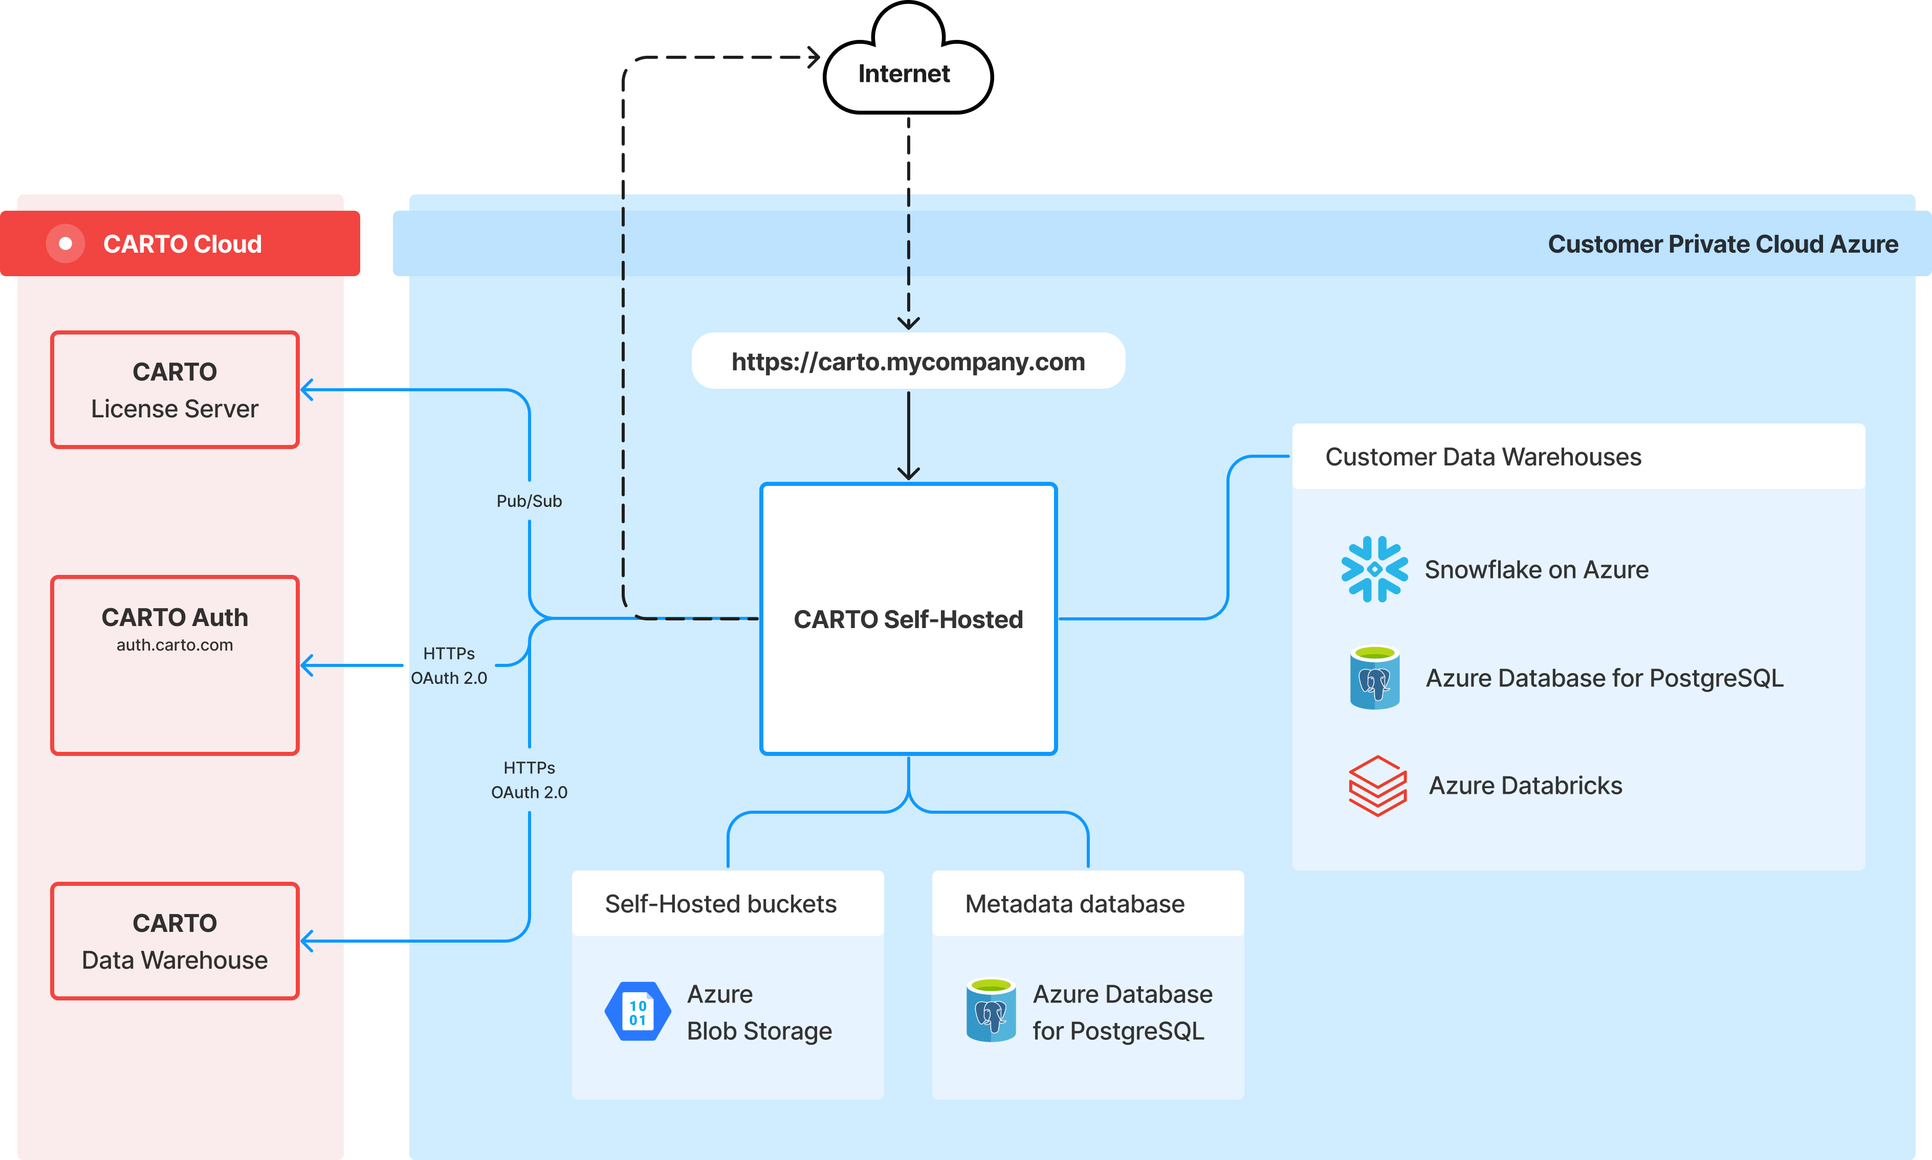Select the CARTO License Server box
pos(174,390)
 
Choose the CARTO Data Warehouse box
pos(174,941)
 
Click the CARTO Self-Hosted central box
pos(908,619)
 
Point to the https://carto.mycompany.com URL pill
pos(908,361)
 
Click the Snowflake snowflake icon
pos(1374,569)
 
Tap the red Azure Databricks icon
pos(1377,786)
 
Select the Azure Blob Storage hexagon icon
pos(637,1012)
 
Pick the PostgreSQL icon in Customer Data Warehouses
pos(1374,678)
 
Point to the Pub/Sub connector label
pos(530,501)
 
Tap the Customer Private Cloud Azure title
pos(1722,244)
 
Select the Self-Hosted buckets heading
pos(720,904)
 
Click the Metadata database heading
pos(1074,904)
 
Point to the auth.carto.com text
pos(174,645)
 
